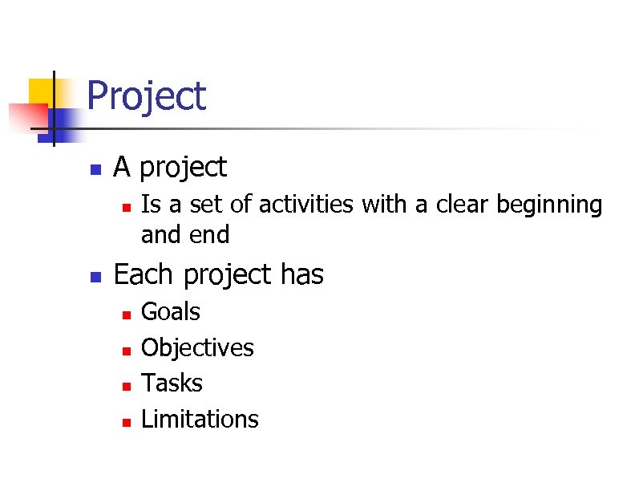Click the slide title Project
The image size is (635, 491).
(146, 96)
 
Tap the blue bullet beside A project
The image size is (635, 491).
(95, 170)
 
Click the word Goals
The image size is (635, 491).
(170, 312)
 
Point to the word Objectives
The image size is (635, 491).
(197, 348)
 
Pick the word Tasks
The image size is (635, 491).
(172, 383)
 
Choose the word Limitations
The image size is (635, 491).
(200, 419)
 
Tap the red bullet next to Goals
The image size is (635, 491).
(126, 314)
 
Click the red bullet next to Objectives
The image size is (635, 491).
(126, 350)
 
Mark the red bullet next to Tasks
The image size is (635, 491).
(126, 386)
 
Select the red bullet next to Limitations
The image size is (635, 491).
(126, 421)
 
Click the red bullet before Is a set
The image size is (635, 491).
(126, 207)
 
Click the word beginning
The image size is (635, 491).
(549, 206)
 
